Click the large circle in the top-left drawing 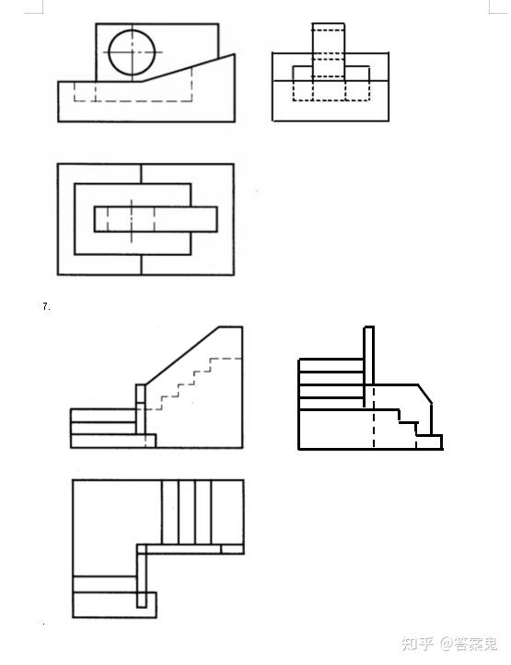[109, 52]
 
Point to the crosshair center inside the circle [132, 52]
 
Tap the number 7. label [46, 306]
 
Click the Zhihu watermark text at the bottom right [449, 644]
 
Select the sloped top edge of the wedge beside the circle [188, 67]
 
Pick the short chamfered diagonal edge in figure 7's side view [424, 394]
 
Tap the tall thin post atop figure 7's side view [369, 367]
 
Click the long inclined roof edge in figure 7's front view [182, 355]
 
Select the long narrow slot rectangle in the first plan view [156, 219]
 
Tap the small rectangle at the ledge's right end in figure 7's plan [232, 549]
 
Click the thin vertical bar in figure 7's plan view [142, 576]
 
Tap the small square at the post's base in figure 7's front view [150, 441]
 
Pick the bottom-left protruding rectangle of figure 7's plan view [114, 605]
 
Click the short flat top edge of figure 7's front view [231, 327]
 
